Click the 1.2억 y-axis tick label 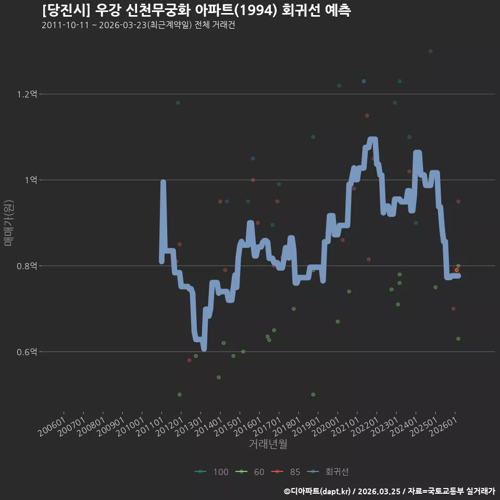tap(27, 94)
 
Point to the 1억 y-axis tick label tap(31, 180)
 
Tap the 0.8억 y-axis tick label tap(27, 266)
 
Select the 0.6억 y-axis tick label tap(27, 352)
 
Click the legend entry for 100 tap(211, 472)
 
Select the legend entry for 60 tap(250, 472)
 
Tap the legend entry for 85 tap(286, 472)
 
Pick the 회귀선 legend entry tap(328, 472)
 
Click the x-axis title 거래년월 tap(268, 444)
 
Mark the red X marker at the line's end tap(457, 270)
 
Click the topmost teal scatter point tap(431, 52)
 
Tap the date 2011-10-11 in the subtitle tap(66, 25)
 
